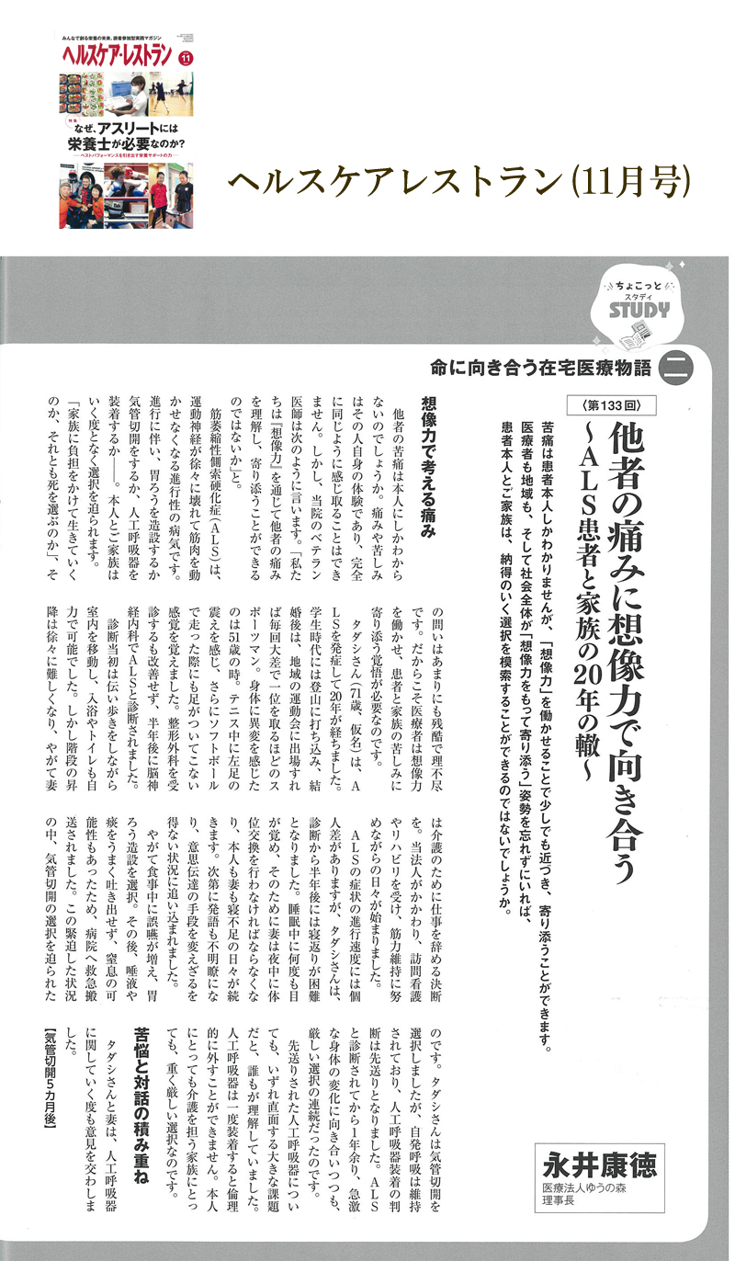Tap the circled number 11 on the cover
pos(187,58)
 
